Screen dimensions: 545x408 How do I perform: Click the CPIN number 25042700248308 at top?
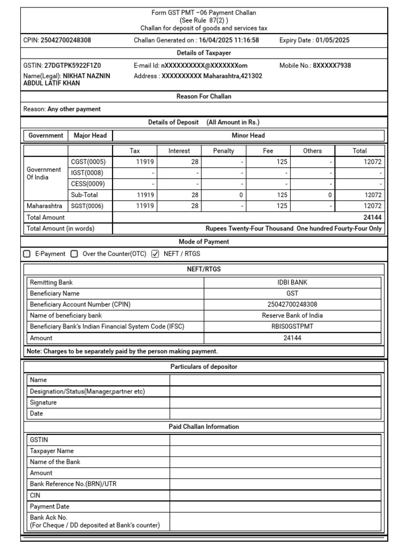coord(65,40)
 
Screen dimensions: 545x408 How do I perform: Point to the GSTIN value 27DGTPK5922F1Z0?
coord(71,66)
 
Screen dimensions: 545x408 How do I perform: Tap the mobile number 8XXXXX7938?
coord(331,66)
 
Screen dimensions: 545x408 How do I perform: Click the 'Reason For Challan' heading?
coord(203,96)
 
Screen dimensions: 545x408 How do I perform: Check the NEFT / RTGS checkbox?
coord(155,254)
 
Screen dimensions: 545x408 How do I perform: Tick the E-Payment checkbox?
coord(27,254)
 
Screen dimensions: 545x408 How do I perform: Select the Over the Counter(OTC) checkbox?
coord(74,254)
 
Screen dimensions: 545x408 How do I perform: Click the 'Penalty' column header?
coord(223,151)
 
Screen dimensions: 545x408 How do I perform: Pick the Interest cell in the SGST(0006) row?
coord(179,206)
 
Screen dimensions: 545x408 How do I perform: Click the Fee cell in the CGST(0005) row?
coord(268,162)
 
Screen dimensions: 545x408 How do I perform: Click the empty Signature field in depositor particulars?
coord(275,402)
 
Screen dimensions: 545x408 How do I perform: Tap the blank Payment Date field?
coord(275,506)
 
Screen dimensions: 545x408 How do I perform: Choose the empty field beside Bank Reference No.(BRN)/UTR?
coord(275,484)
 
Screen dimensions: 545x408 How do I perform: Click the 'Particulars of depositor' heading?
coord(203,367)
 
